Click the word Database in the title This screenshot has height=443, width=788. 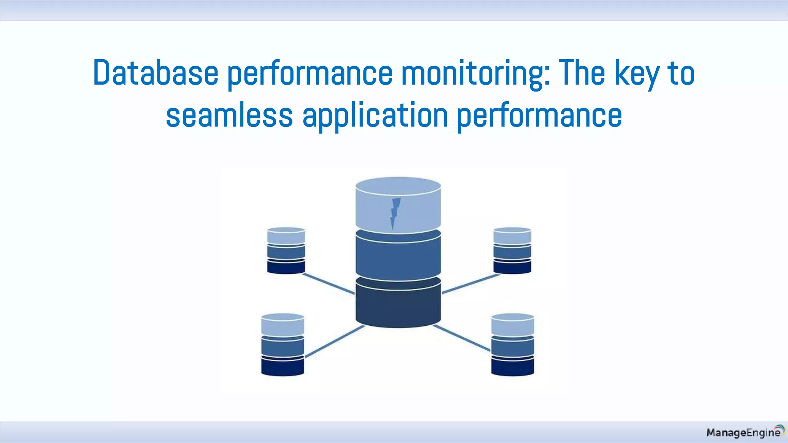pyautogui.click(x=155, y=73)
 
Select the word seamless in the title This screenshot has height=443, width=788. pyautogui.click(x=229, y=115)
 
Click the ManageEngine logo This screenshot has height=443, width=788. pyautogui.click(x=745, y=432)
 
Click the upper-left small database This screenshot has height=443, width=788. pyautogui.click(x=286, y=250)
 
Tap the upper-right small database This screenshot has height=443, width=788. pyautogui.click(x=512, y=250)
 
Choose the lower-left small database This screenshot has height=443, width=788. pyautogui.click(x=282, y=345)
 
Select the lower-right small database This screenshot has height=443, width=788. pyautogui.click(x=513, y=345)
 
